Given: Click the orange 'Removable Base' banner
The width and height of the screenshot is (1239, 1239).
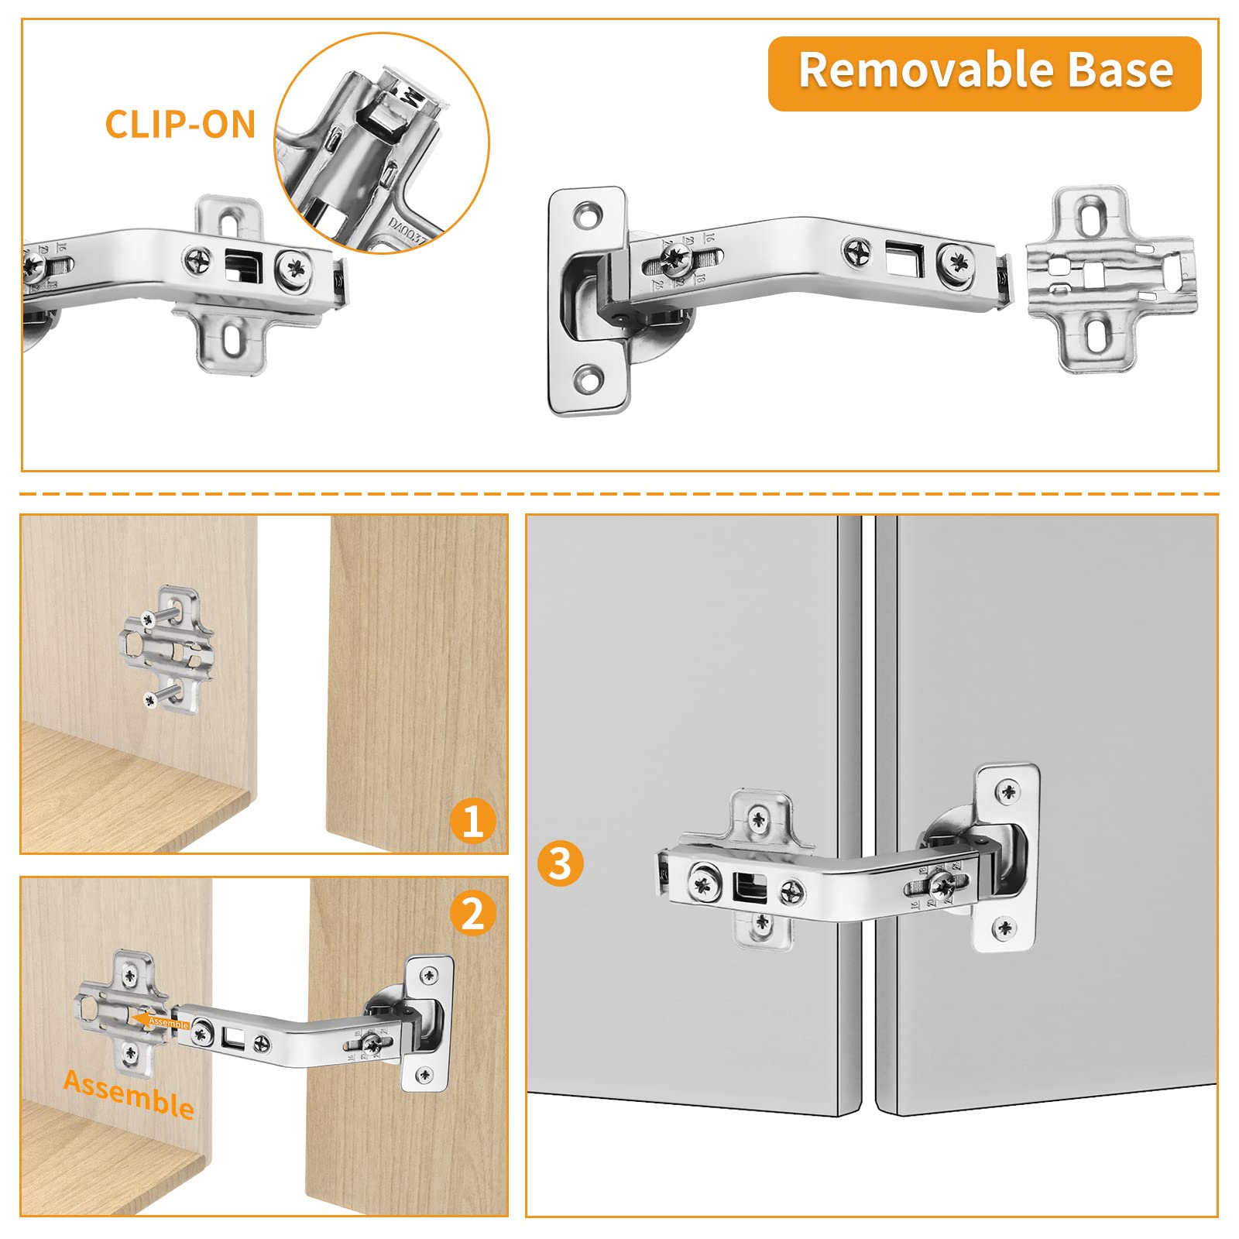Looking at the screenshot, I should click(984, 73).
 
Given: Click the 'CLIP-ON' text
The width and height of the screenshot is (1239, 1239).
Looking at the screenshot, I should click(180, 125).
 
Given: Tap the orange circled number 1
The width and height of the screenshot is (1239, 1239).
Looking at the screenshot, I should click(472, 822).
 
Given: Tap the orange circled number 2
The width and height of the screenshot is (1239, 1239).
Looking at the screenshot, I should click(472, 913).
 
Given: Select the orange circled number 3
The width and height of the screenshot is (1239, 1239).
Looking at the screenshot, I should click(560, 863).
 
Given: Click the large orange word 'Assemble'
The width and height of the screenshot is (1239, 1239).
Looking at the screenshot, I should click(129, 1094).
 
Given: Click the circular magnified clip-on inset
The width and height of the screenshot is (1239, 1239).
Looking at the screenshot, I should click(383, 142).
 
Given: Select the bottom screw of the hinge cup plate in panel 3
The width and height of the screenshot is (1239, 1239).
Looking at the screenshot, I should click(1004, 927).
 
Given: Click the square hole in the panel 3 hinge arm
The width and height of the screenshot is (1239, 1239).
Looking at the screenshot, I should click(749, 887).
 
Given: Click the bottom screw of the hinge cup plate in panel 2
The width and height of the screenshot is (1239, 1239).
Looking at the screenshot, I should click(424, 1074).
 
